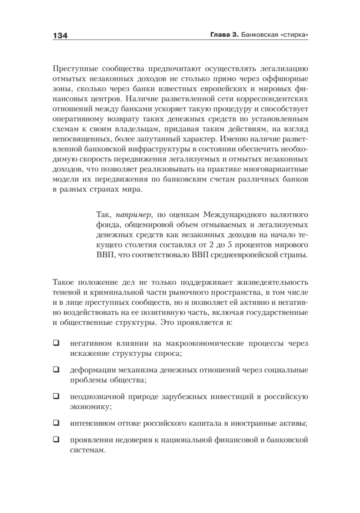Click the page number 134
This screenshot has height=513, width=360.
pyautogui.click(x=60, y=35)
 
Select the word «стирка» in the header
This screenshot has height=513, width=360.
pyautogui.click(x=292, y=35)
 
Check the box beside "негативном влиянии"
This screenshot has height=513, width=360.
pyautogui.click(x=56, y=342)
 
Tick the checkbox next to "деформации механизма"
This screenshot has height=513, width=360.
pyautogui.click(x=56, y=369)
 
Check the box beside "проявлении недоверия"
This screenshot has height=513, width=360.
pyautogui.click(x=56, y=439)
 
